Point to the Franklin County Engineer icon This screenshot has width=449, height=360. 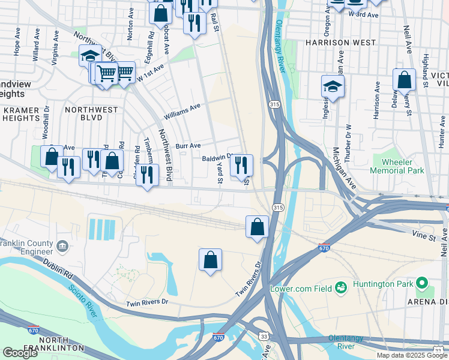pos(62,245)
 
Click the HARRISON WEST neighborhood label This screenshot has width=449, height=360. pos(340,43)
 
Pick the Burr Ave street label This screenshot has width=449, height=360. pos(188,146)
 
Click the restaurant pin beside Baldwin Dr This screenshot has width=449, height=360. pos(241,165)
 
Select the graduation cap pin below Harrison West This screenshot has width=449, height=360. pos(333,86)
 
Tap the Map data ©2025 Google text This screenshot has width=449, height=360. pos(412,355)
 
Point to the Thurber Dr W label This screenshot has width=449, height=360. pos(348,135)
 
